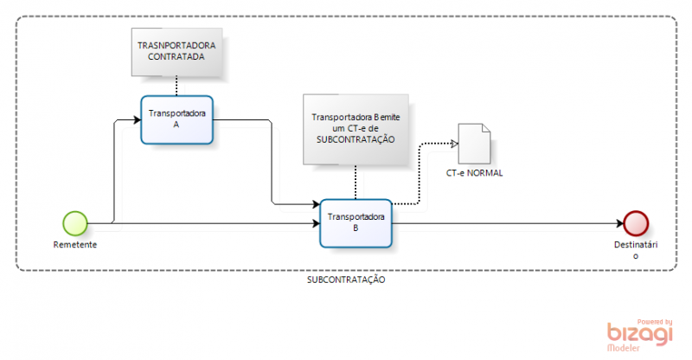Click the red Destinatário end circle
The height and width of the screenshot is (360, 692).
(636, 223)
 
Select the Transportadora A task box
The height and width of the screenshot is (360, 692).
(176, 119)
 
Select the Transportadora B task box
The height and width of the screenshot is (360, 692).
(357, 222)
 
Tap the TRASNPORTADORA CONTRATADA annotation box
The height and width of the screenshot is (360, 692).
(176, 50)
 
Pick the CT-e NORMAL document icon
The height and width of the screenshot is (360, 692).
(475, 141)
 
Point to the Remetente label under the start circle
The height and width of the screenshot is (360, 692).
(75, 245)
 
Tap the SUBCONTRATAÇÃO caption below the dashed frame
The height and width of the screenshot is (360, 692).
(346, 281)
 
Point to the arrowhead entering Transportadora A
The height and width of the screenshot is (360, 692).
(135, 119)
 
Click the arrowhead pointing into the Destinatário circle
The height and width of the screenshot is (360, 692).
(618, 223)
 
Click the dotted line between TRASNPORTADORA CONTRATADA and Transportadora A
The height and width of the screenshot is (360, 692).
(176, 85)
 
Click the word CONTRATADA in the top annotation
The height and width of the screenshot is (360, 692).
(176, 56)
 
